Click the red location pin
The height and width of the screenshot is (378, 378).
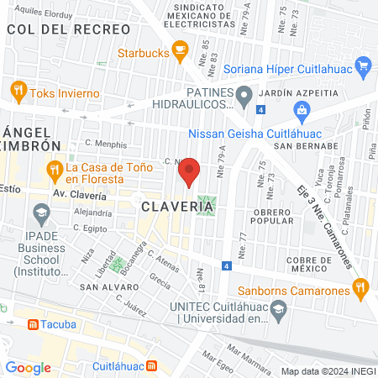[x=191, y=171]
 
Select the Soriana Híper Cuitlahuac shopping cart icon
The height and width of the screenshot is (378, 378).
[x=363, y=65]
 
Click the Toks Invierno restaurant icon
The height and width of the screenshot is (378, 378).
[x=18, y=88]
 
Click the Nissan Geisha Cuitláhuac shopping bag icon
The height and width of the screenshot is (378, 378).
[x=301, y=110]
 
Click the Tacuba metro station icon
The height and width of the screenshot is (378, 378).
[x=32, y=323]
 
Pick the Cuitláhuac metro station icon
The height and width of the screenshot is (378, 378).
[x=151, y=365]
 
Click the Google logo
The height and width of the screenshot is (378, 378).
[x=28, y=367]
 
